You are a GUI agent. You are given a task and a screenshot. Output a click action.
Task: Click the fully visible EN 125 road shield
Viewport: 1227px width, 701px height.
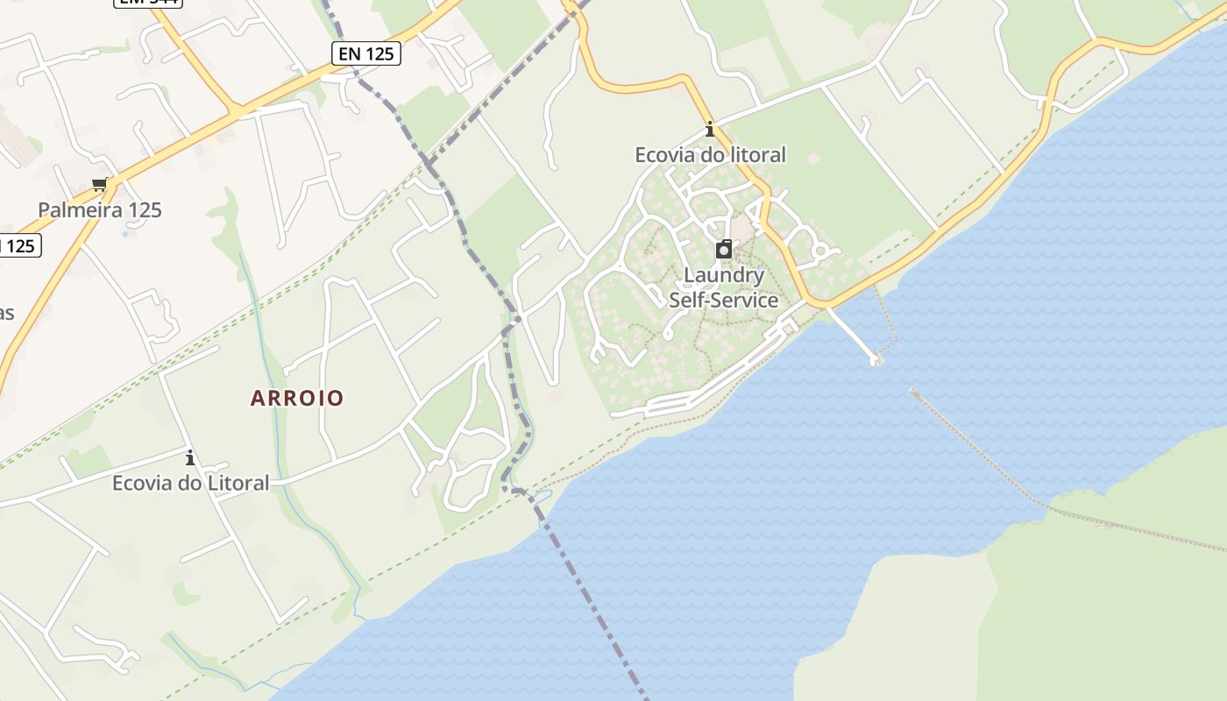click(367, 53)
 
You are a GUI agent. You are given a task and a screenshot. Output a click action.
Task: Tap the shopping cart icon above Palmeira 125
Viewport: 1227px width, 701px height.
click(100, 184)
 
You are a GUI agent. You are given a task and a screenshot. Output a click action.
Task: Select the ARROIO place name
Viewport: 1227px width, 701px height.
click(297, 398)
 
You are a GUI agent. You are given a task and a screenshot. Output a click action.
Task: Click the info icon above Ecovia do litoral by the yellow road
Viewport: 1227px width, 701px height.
click(710, 130)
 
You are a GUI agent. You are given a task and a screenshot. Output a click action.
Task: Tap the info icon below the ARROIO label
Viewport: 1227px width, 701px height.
click(189, 457)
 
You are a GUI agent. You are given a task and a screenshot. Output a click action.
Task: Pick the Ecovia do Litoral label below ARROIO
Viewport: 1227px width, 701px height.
click(190, 483)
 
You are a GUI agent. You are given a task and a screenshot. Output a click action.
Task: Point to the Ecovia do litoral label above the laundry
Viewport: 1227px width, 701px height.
click(710, 155)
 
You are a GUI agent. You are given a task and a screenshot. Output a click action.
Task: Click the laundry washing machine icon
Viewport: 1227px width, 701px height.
click(724, 250)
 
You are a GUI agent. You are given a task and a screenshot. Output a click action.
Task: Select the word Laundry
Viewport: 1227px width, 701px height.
click(724, 275)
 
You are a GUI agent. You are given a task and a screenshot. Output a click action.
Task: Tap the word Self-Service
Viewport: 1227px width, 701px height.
click(724, 300)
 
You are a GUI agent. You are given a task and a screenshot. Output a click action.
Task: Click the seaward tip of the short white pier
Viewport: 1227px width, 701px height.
click(874, 359)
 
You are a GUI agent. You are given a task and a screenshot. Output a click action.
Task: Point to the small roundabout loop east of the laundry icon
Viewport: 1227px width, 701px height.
click(821, 251)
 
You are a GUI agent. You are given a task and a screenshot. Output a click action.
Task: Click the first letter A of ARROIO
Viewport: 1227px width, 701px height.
click(258, 398)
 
